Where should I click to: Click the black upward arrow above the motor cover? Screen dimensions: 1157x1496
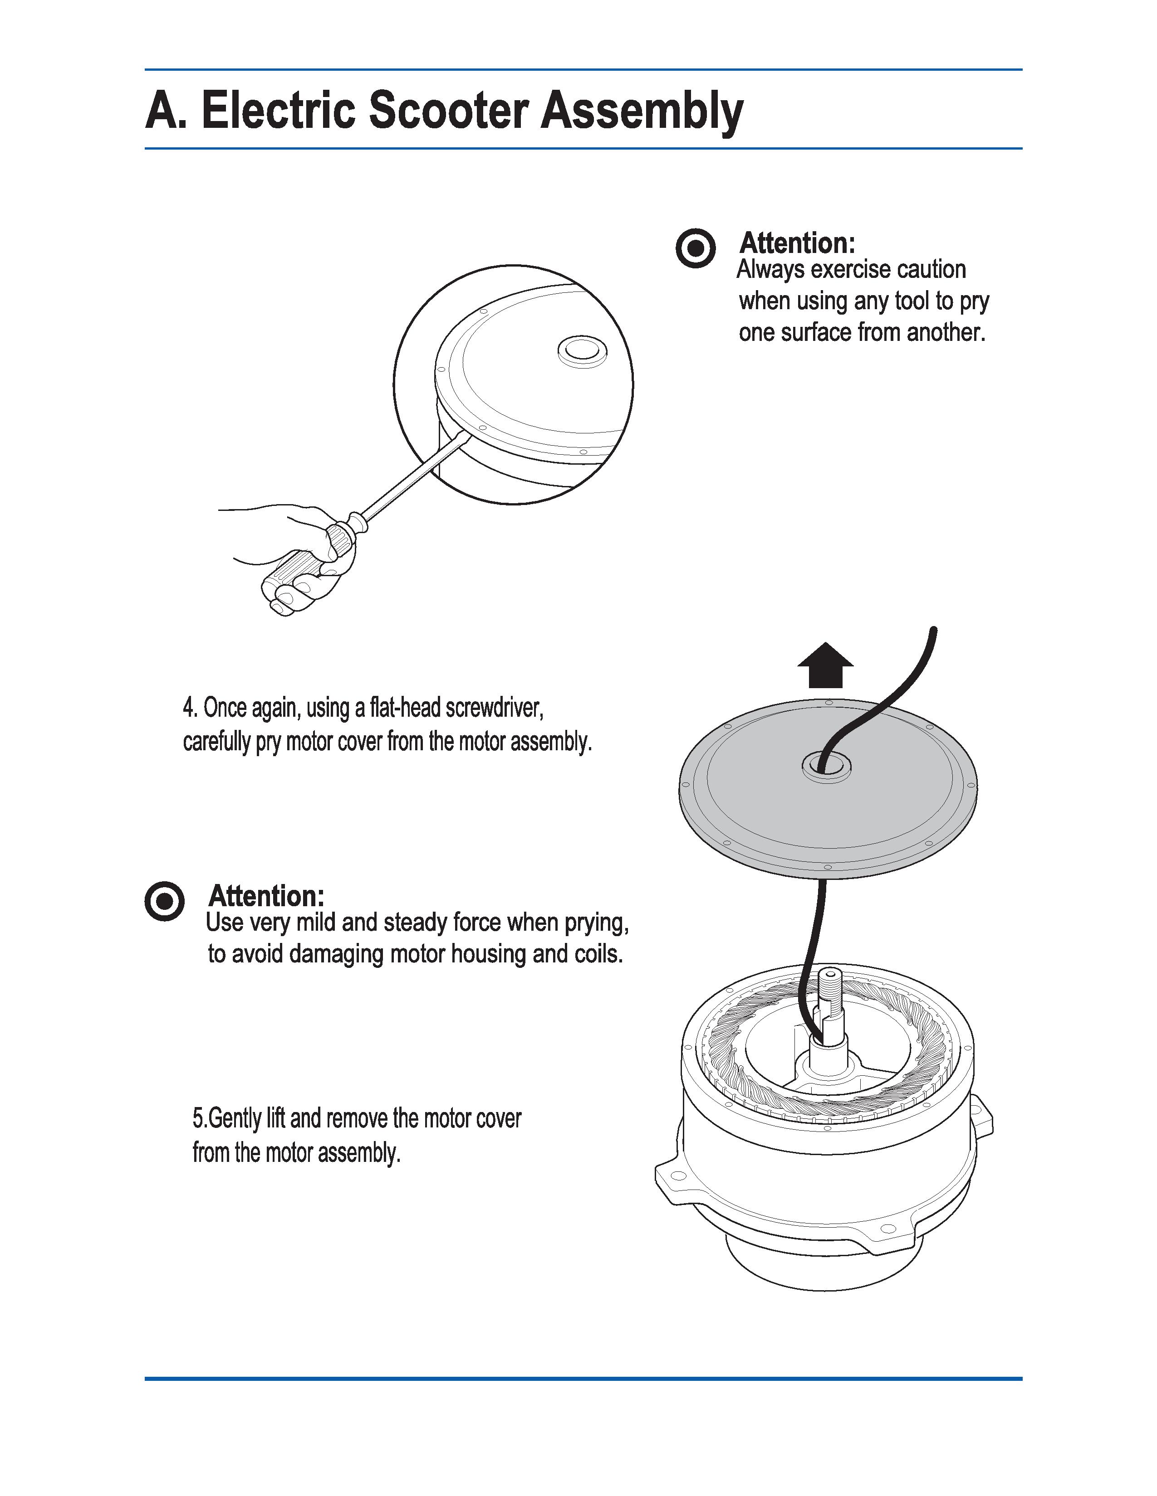pyautogui.click(x=825, y=665)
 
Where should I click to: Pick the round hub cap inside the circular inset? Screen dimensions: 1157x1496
pyautogui.click(x=583, y=351)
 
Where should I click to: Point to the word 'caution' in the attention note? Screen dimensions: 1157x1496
pyautogui.click(x=931, y=269)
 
